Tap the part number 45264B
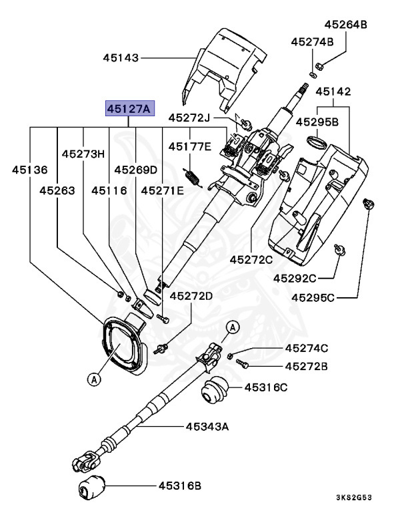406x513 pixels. [346, 25]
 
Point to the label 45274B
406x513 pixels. [312, 41]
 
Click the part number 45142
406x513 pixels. [333, 91]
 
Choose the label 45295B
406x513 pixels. [317, 122]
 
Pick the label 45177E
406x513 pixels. [189, 146]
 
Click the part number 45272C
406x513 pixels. [251, 259]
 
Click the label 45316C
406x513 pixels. [265, 387]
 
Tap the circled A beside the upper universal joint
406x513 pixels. [233, 327]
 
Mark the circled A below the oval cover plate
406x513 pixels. [94, 379]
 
